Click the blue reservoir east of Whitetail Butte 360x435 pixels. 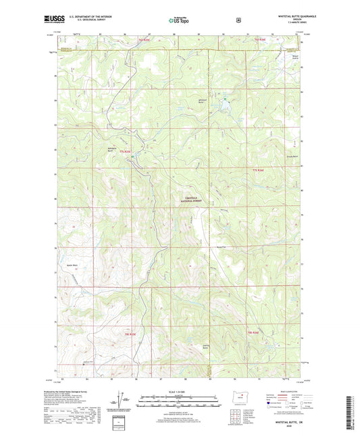[224, 103]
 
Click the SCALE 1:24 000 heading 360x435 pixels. [180, 392]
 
